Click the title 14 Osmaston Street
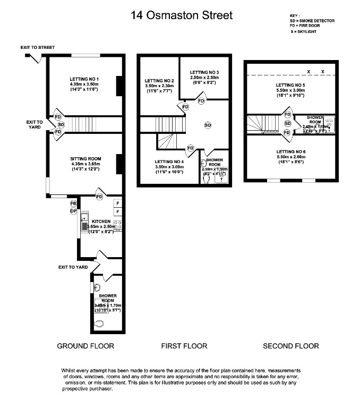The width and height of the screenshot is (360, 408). [x=181, y=15]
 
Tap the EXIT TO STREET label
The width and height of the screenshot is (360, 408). [x=38, y=48]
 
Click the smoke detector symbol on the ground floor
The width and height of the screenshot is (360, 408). [x=61, y=125]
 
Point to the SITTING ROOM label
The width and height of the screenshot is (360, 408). [x=85, y=158]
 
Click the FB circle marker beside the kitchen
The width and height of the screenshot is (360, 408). [x=74, y=203]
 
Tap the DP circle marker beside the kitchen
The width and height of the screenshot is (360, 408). [x=74, y=211]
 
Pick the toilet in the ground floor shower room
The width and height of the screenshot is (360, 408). [x=99, y=323]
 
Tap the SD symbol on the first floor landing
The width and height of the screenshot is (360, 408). [x=208, y=125]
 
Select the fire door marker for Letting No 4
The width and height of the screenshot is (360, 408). [x=190, y=147]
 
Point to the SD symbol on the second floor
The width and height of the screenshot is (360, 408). [x=287, y=123]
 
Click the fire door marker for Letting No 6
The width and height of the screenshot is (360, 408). [x=287, y=132]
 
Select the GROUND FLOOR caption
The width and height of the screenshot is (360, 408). [x=85, y=346]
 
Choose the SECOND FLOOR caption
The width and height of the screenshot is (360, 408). [x=291, y=346]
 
